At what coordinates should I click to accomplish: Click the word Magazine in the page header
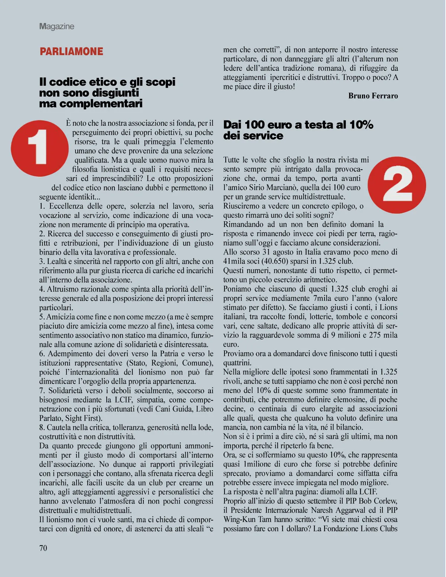tap(56, 26)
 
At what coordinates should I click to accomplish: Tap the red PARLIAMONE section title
tap(71, 51)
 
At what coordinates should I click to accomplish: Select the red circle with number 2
tap(398, 185)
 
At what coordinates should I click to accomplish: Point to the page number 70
tap(43, 548)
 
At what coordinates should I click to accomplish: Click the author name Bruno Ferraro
tap(373, 96)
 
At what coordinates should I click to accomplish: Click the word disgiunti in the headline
tap(115, 93)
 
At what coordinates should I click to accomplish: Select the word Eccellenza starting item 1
tap(67, 206)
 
